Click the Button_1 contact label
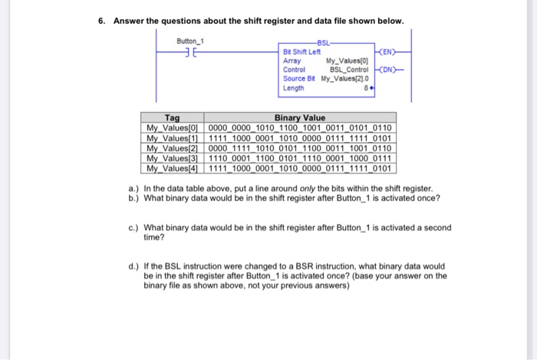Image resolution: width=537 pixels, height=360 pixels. point(189,41)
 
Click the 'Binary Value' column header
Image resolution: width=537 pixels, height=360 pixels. point(300,117)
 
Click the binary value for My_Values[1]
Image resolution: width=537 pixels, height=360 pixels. point(300,137)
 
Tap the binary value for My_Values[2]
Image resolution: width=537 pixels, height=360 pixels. point(300,147)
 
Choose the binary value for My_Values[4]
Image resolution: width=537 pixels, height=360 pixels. point(300,167)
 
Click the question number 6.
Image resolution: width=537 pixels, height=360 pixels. point(101,20)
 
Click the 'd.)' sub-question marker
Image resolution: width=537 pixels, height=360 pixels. point(134,266)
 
